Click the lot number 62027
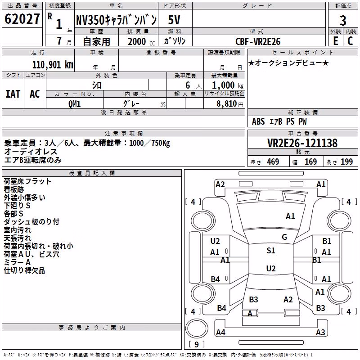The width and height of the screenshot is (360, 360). coord(22,19)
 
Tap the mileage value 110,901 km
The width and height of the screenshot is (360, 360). coord(53,65)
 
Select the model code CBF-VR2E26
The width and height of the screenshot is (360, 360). coord(258,41)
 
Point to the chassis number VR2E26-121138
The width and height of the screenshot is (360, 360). coord(302,143)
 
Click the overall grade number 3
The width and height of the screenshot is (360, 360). coord(343,21)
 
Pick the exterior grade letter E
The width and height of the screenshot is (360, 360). coord(335,41)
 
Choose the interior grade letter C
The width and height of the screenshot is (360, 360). coord(350,41)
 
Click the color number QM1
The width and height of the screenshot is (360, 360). coord(74,104)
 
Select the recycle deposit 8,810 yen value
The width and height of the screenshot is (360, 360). coord(230,104)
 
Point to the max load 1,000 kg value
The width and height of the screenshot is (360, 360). coord(228,85)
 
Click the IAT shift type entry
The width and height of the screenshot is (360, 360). coord(13,94)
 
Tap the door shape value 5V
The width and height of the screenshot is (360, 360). coord(174,20)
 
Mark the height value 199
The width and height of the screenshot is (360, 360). coord(346,162)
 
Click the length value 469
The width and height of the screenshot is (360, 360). coord(273,162)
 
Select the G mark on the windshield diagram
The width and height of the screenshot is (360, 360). coord(284,237)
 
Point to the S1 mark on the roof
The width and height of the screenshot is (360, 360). coord(271,251)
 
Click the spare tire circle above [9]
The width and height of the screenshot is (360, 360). coord(197,328)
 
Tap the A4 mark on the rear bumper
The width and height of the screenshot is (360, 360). coord(220,332)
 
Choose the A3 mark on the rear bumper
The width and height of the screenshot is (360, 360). coord(320,332)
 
